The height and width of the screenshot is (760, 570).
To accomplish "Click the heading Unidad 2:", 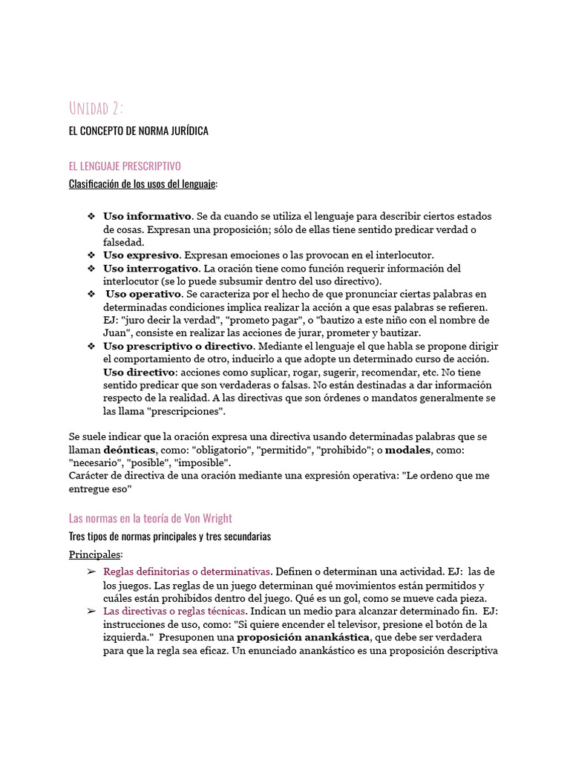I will click(x=96, y=108).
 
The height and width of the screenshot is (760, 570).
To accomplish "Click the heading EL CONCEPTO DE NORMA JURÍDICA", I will click(x=138, y=131).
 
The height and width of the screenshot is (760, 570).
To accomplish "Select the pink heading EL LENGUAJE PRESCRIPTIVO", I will click(x=124, y=166).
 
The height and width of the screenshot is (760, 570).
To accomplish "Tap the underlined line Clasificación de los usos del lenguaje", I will click(x=142, y=184).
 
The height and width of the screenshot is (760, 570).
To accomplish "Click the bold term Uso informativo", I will click(x=147, y=216).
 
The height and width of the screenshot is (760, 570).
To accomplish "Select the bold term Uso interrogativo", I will click(x=151, y=268).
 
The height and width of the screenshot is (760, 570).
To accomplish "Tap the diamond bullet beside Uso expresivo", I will click(x=91, y=255).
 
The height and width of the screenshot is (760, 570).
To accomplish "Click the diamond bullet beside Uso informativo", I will click(x=91, y=216).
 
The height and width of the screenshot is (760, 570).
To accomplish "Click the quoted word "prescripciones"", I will click(x=188, y=411).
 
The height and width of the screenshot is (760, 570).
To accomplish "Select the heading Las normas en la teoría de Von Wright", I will click(x=151, y=518).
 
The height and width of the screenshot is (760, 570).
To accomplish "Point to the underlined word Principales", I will click(x=95, y=554).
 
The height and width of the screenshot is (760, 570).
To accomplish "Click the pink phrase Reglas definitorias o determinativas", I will click(x=187, y=571).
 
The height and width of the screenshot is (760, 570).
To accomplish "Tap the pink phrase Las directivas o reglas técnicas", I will click(x=174, y=611).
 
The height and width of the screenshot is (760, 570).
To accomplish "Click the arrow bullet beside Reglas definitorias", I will click(x=91, y=571).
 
